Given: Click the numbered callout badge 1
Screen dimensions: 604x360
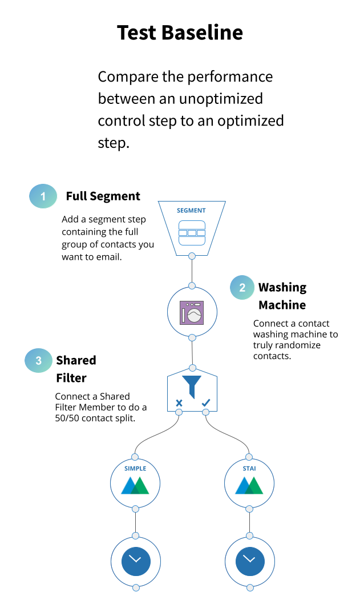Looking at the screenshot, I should click(x=43, y=196).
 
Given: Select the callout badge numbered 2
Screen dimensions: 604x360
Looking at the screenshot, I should click(x=242, y=288).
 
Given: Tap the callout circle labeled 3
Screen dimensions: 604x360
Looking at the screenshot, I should click(x=38, y=361).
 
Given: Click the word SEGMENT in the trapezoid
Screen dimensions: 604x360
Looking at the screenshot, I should click(x=191, y=211).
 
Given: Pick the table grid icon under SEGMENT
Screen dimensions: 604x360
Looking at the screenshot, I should click(x=192, y=233).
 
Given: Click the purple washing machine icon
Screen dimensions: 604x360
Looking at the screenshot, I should click(x=192, y=313).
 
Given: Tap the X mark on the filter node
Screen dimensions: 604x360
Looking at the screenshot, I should click(x=179, y=403).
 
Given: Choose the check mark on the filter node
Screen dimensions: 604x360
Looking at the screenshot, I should click(x=205, y=402).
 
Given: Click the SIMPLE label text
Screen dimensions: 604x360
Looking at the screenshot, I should click(x=135, y=469).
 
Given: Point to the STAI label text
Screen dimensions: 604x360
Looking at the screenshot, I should click(x=249, y=469).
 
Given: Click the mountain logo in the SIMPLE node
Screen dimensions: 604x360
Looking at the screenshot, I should click(x=135, y=486).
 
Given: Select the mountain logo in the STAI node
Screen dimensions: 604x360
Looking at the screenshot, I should click(x=249, y=486).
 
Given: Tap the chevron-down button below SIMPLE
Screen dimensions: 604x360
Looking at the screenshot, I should click(x=136, y=562).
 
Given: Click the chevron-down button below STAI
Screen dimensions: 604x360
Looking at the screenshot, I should click(x=250, y=562).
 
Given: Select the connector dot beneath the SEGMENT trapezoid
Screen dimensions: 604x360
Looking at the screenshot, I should click(x=192, y=256).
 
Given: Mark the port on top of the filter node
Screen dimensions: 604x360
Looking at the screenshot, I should click(x=192, y=368).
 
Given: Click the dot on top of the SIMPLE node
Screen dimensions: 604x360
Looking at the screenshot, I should click(x=135, y=457).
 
